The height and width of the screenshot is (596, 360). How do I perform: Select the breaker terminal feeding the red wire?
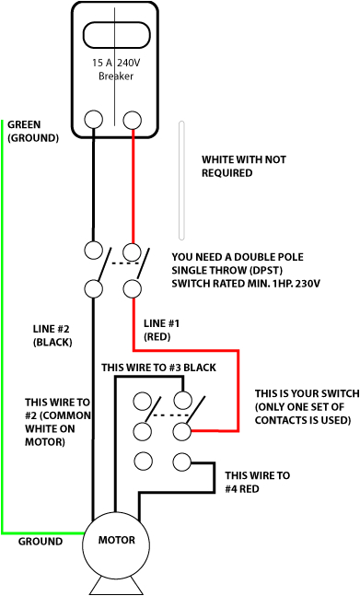click(x=134, y=119)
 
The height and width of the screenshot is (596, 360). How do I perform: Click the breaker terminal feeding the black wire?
click(x=94, y=119)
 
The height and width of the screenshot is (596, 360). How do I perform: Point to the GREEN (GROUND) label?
click(x=32, y=131)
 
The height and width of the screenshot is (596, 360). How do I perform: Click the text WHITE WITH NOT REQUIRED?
click(x=243, y=166)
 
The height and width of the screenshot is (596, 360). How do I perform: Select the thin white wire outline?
click(x=181, y=180)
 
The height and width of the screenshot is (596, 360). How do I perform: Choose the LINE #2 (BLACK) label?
click(x=52, y=335)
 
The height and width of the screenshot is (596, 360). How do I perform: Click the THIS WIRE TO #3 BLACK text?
click(x=158, y=368)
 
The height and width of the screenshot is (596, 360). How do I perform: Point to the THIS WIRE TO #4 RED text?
click(x=257, y=482)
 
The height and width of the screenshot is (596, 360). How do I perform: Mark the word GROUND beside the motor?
click(x=41, y=542)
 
